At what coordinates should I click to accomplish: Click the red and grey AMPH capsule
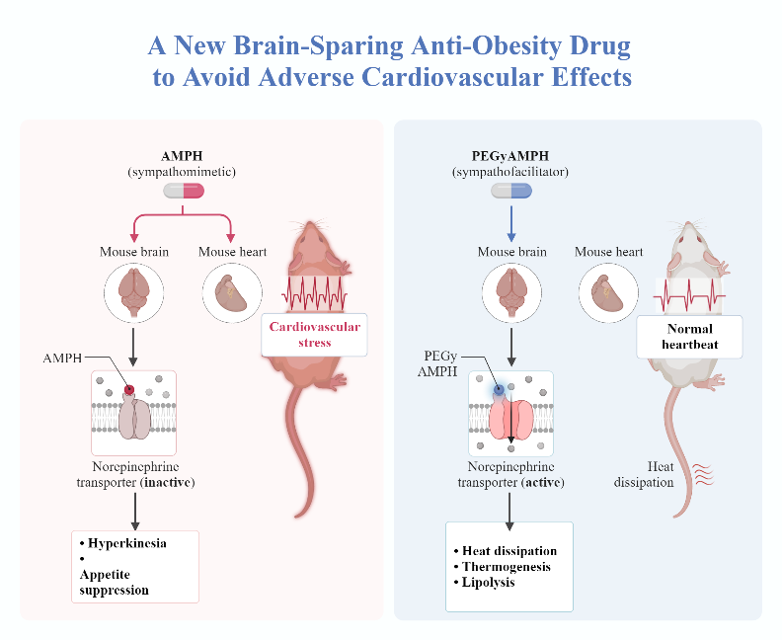(184, 191)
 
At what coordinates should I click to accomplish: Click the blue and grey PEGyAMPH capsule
(511, 191)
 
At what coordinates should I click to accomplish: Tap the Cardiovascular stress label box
(314, 335)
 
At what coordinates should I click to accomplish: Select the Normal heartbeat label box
(689, 337)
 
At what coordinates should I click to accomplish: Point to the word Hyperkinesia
(127, 543)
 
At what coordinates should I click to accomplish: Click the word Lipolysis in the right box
(488, 582)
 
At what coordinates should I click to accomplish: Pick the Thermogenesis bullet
(506, 566)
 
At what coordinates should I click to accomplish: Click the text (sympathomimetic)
(184, 172)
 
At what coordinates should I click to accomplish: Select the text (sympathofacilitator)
(511, 172)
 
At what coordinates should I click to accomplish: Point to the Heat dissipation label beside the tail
(641, 474)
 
